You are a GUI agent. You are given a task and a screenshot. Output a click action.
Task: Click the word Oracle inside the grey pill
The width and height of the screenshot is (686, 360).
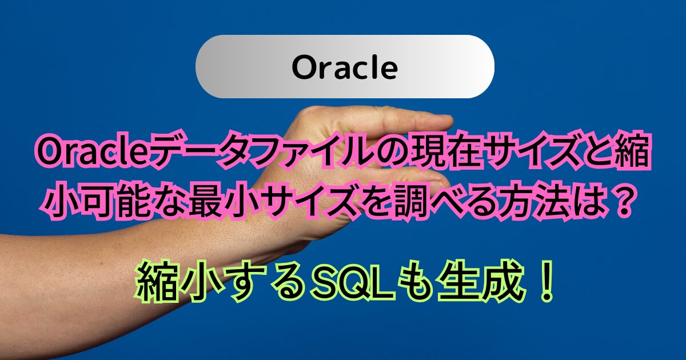click(345, 67)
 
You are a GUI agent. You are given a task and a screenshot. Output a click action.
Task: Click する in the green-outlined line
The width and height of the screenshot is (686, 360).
click(263, 280)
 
